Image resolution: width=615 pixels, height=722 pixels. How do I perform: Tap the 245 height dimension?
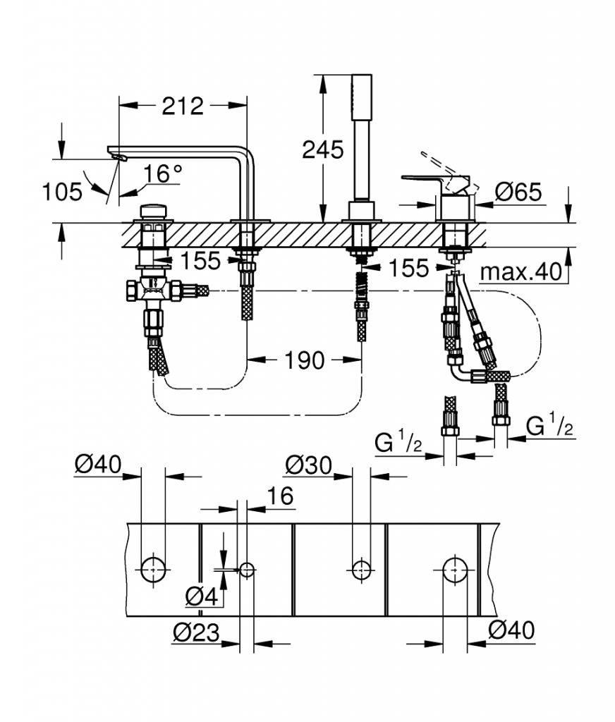[x=323, y=149]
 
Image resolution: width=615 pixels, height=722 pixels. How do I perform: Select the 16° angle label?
[x=163, y=173]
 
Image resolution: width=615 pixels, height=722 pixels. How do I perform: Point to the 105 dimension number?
[x=62, y=192]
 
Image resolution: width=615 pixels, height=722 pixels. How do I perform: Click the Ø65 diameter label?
[x=518, y=192]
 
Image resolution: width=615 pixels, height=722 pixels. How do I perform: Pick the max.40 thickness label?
[x=521, y=272]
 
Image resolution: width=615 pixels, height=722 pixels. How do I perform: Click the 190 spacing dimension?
[x=305, y=360]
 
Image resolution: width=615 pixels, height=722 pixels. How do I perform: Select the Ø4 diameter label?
[x=201, y=596]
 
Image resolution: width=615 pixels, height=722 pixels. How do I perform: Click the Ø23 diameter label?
[x=197, y=633]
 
